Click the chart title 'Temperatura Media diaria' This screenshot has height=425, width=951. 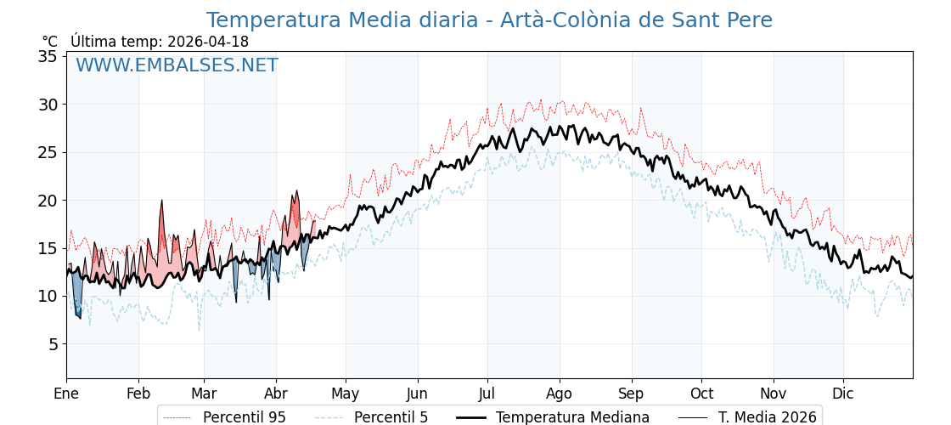[x=489, y=20]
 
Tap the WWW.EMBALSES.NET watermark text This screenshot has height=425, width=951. [x=177, y=65]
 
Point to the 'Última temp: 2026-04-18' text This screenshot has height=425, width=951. [x=160, y=42]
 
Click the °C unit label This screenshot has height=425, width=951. [x=49, y=42]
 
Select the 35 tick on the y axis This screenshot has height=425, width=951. [x=48, y=57]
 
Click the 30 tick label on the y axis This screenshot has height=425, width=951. [x=48, y=105]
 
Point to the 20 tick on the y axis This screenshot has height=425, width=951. [x=48, y=201]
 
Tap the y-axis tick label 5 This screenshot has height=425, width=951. [x=52, y=344]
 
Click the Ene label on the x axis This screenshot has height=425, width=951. [x=66, y=394]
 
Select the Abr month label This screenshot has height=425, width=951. [x=276, y=394]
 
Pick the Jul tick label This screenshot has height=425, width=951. [x=487, y=394]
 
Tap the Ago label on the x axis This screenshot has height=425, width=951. [x=560, y=394]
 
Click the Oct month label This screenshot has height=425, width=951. [x=701, y=394]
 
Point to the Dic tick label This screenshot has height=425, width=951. [x=843, y=394]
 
